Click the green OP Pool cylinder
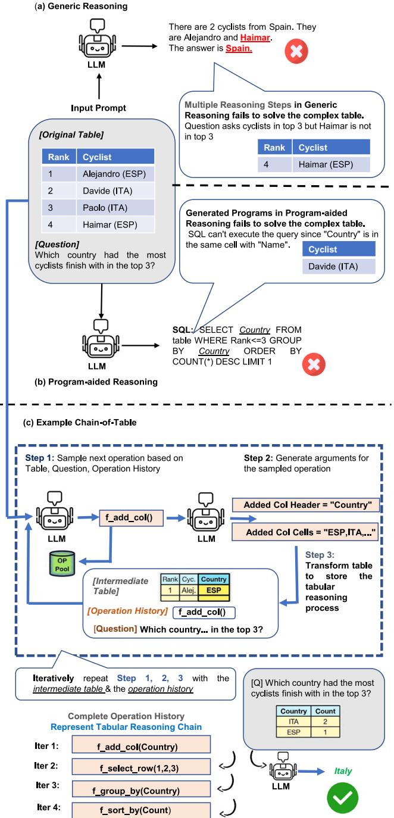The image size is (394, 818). (x=62, y=564)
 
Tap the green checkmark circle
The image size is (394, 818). (x=342, y=798)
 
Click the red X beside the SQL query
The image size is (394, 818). (x=314, y=364)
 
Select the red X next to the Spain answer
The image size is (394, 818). (x=296, y=51)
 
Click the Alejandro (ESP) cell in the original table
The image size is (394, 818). (x=115, y=174)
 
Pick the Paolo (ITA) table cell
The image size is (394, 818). (x=115, y=208)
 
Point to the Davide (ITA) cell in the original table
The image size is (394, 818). (x=115, y=191)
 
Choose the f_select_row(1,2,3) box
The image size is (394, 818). (x=141, y=767)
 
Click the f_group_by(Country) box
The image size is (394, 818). (x=141, y=789)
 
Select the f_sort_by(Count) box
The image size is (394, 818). (x=141, y=810)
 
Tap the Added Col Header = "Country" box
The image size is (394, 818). (x=306, y=505)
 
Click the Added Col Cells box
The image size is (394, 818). (x=305, y=532)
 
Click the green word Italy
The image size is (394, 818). (x=343, y=771)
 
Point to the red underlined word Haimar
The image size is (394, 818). (x=255, y=38)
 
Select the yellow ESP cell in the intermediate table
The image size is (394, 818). (x=214, y=590)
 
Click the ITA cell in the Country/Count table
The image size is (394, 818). (x=293, y=721)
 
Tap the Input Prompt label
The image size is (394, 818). (x=98, y=108)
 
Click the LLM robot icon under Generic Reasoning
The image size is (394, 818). (x=98, y=38)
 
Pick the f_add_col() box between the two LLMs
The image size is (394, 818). (x=132, y=517)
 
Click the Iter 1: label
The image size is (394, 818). (x=46, y=746)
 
